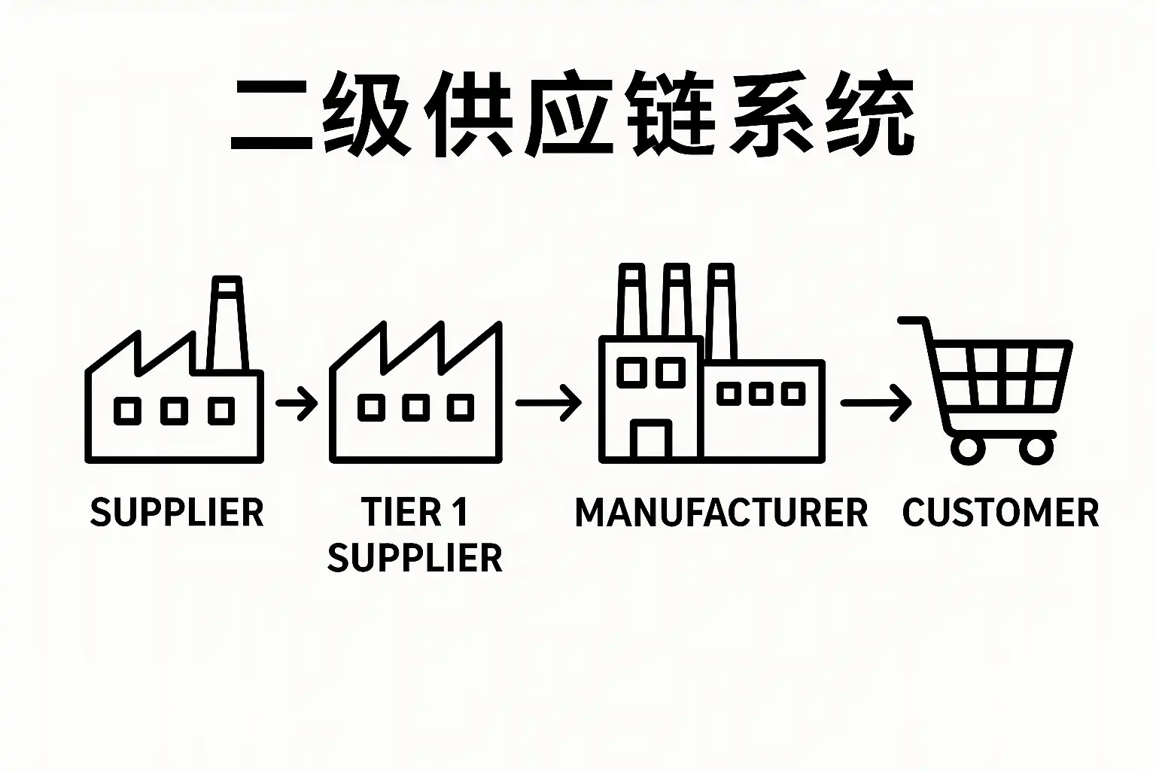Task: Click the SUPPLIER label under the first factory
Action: click(x=177, y=513)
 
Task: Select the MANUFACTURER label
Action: click(x=721, y=513)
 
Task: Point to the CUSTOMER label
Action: click(x=1000, y=513)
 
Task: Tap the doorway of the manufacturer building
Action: click(x=652, y=440)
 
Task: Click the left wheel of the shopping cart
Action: click(x=968, y=449)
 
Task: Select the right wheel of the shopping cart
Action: click(x=1036, y=449)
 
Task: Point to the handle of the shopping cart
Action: click(x=912, y=322)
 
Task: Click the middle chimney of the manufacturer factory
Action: click(x=675, y=301)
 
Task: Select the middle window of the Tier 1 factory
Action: click(x=416, y=407)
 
